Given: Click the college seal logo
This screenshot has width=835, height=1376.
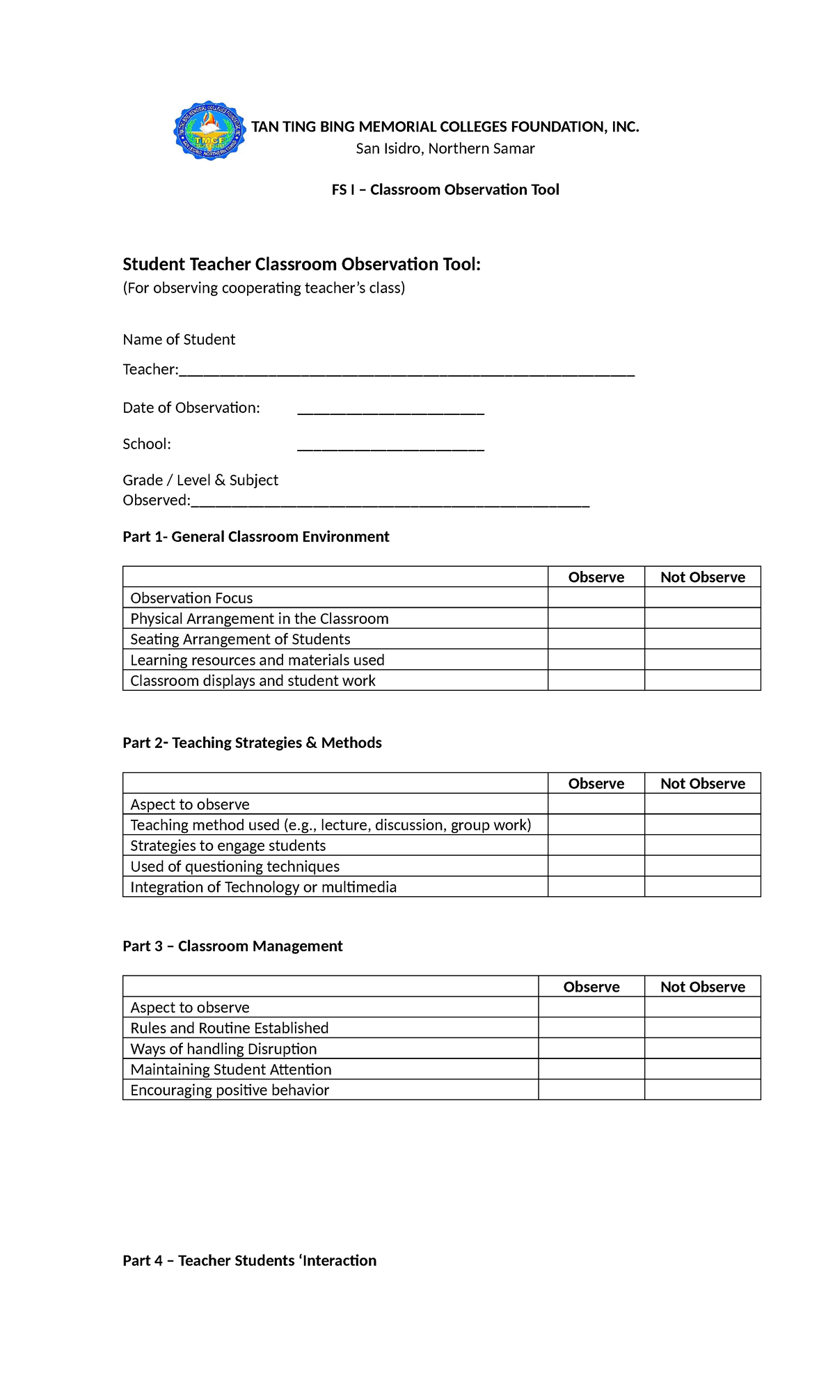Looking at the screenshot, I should (x=209, y=130).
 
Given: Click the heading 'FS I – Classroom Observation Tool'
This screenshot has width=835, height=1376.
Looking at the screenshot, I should (x=445, y=189).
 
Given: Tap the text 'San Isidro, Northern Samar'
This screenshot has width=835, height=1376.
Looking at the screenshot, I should (x=445, y=148).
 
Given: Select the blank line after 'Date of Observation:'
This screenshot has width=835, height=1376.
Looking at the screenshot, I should (x=390, y=409).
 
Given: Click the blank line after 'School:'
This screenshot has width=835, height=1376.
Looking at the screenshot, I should (x=390, y=446).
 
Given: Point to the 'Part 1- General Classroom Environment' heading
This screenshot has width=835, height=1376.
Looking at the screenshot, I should (x=255, y=536).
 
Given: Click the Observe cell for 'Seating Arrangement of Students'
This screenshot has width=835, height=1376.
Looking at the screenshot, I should (x=596, y=639).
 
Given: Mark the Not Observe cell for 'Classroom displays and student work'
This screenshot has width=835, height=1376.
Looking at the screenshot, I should (x=702, y=680).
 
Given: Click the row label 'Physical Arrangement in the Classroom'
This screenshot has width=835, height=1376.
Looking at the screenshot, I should (x=259, y=618).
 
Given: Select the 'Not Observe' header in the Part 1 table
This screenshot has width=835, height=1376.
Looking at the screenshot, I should (x=702, y=577).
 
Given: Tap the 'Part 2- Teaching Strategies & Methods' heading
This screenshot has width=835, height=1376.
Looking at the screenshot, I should (x=252, y=742).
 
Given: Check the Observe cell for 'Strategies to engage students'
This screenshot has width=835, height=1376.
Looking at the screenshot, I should (x=596, y=845).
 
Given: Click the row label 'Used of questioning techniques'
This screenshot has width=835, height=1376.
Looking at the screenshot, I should (x=234, y=866).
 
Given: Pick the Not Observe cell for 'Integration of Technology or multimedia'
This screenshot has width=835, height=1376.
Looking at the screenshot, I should (x=702, y=886).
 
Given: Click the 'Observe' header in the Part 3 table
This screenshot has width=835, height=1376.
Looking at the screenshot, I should (x=591, y=986).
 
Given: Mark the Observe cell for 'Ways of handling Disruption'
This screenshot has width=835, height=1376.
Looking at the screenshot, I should (x=591, y=1048).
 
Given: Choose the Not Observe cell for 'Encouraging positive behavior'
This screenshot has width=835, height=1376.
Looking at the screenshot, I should (x=702, y=1090).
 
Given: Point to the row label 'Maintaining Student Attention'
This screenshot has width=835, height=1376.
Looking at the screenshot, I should (x=230, y=1069).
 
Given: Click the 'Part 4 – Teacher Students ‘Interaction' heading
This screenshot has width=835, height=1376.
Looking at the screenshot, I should (x=249, y=1260).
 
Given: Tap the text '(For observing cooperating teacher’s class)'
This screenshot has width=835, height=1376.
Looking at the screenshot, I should (x=264, y=288).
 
